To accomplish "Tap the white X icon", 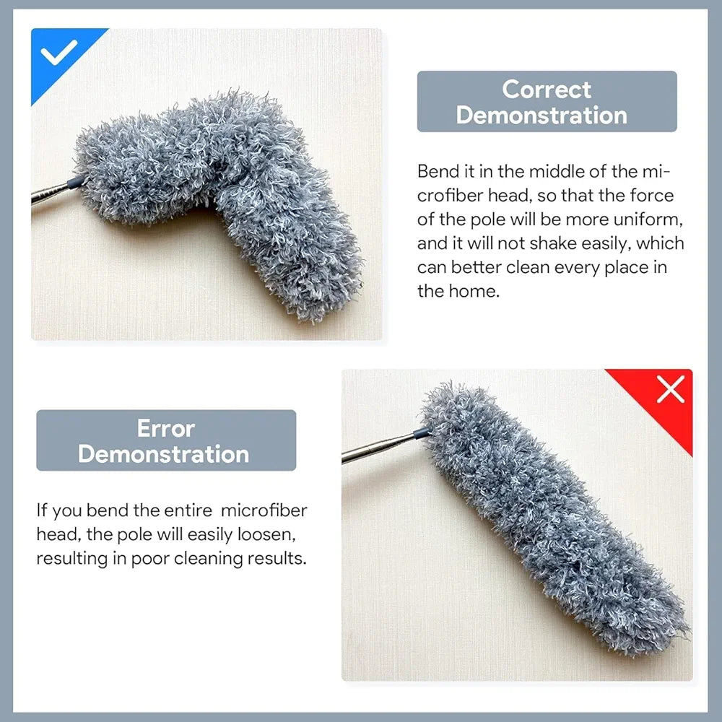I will point(670,390).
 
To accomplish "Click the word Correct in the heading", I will point(547,90).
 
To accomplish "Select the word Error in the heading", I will point(165,428).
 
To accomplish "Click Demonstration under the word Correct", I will point(541,116).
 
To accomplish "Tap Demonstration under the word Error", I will point(163,454).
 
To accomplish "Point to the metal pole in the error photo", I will point(375,448).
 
